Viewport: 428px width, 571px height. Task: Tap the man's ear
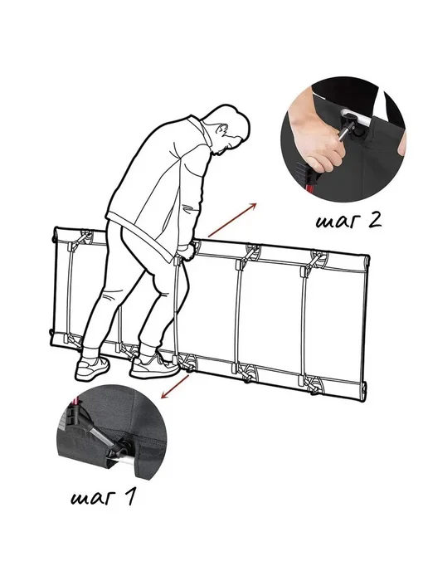(x=221, y=129)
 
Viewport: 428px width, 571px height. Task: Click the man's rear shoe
(x=92, y=368)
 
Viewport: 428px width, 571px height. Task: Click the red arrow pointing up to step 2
(x=232, y=220)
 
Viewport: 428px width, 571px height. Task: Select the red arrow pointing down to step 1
(x=175, y=387)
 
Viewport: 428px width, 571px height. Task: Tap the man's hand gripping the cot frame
(x=187, y=251)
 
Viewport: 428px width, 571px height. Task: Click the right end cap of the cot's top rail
(x=366, y=261)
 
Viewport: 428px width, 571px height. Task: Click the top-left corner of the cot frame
(x=56, y=229)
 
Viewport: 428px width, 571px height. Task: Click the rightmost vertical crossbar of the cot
(x=304, y=325)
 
